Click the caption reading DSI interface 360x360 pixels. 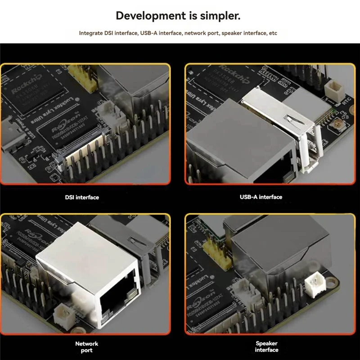point(81,197)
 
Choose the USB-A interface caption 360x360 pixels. point(261,197)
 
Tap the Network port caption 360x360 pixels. point(87,346)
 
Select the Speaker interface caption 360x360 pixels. point(266,346)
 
